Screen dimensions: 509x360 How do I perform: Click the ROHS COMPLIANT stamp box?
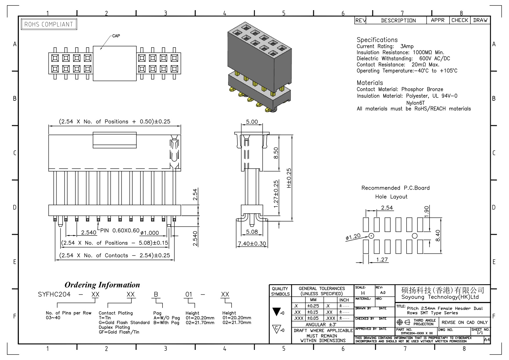pyautogui.click(x=49, y=24)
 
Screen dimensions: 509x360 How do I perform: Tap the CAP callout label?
pyautogui.click(x=116, y=36)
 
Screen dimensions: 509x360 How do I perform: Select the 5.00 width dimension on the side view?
pyautogui.click(x=252, y=122)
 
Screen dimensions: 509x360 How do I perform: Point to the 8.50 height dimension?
pyautogui.click(x=276, y=153)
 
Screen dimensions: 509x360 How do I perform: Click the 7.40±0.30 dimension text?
pyautogui.click(x=252, y=244)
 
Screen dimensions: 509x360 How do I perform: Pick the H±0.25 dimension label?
pyautogui.click(x=289, y=178)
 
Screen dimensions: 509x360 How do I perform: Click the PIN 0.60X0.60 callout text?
pyautogui.click(x=120, y=231)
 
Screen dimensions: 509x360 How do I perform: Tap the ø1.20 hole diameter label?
pyautogui.click(x=353, y=237)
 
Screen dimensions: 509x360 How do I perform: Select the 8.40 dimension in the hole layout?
pyautogui.click(x=438, y=235)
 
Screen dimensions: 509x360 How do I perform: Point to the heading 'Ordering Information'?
pyautogui.click(x=102, y=285)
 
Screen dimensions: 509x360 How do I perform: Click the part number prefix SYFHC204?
pyautogui.click(x=54, y=294)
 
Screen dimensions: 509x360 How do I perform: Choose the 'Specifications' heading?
pyautogui.click(x=377, y=40)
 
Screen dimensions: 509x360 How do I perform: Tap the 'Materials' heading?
pyautogui.click(x=370, y=83)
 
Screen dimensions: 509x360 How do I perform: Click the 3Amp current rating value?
pyautogui.click(x=407, y=46)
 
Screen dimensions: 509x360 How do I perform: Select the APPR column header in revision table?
pyautogui.click(x=438, y=20)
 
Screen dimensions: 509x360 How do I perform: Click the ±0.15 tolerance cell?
pyautogui.click(x=313, y=312)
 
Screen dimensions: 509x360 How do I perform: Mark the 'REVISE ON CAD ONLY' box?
pyautogui.click(x=465, y=323)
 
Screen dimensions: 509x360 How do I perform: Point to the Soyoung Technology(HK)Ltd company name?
pyautogui.click(x=440, y=297)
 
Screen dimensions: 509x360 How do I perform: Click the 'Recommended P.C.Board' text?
pyautogui.click(x=395, y=188)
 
